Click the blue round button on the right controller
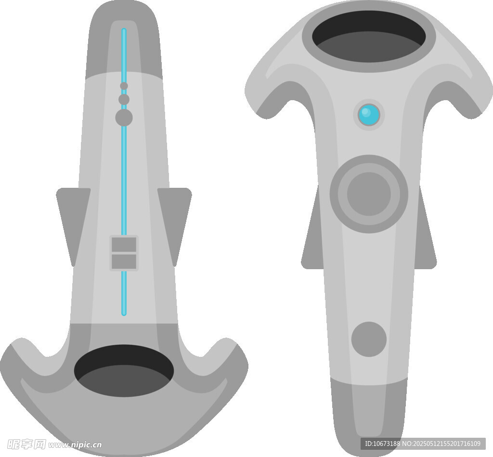(369, 115)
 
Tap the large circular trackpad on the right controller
(369, 194)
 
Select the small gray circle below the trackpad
(369, 339)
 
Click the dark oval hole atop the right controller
(369, 37)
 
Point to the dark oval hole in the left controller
(124, 371)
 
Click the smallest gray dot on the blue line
(124, 86)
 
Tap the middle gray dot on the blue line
(124, 100)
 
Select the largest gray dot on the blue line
(124, 118)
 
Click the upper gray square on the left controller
(124, 245)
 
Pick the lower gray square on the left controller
(124, 261)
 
